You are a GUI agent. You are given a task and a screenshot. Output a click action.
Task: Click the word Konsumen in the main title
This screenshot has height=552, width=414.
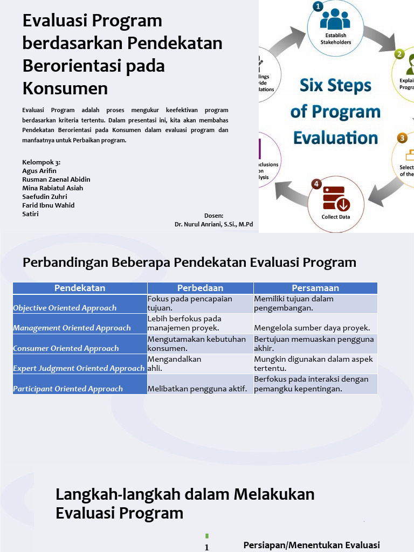(65, 88)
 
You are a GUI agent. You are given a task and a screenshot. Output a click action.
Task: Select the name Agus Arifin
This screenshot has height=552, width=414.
(39, 171)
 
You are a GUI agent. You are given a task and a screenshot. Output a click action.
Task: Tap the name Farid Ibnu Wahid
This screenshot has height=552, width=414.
(49, 205)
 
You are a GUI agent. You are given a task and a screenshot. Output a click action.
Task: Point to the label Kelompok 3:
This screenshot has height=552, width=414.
(42, 162)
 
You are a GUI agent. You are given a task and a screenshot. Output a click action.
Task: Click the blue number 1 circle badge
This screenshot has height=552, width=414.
(318, 6)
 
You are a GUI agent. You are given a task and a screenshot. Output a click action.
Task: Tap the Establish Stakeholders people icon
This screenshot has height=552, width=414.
(335, 20)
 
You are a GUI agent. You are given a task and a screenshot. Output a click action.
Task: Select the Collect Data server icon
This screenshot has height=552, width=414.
(336, 198)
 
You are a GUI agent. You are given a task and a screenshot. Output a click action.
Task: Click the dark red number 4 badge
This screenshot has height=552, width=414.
(316, 184)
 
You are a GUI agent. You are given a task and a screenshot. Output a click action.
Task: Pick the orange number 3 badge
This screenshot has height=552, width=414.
(402, 138)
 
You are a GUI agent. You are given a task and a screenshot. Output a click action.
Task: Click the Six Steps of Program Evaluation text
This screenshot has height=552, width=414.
(335, 112)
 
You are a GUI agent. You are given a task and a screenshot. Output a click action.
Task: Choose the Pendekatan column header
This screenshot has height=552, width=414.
(80, 288)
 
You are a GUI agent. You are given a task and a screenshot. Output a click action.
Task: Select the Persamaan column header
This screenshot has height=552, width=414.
(315, 288)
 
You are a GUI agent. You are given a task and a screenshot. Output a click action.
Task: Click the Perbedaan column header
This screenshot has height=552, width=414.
(200, 288)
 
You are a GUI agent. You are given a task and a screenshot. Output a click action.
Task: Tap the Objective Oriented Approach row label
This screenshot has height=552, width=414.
(65, 308)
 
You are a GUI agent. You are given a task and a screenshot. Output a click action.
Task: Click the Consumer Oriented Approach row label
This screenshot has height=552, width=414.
(66, 348)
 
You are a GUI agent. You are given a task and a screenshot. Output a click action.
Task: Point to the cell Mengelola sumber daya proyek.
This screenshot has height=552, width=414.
(312, 328)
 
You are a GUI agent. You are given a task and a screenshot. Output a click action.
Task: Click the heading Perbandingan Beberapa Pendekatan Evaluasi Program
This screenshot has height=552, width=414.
(189, 263)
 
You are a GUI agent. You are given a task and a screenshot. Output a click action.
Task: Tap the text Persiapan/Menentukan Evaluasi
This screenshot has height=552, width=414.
(312, 545)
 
